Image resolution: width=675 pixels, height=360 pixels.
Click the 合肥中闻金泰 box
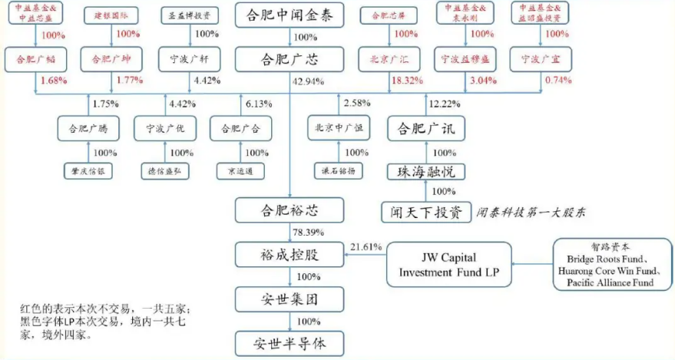(289, 15)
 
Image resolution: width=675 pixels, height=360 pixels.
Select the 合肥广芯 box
(289, 58)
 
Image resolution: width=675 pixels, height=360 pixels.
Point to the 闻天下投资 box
(425, 212)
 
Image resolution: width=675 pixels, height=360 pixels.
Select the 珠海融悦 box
(425, 171)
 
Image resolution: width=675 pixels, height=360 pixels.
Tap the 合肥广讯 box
(425, 127)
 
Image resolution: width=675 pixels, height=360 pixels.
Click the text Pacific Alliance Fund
(610, 283)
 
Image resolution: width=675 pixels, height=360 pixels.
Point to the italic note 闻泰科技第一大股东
(531, 213)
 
